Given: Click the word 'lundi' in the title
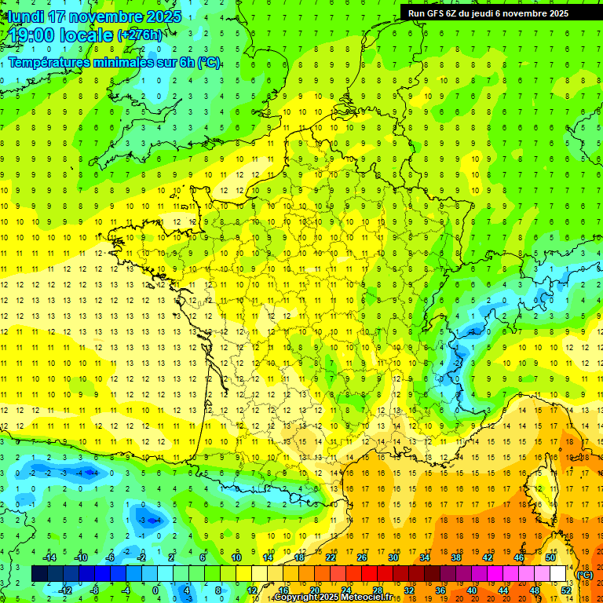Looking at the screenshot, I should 26,16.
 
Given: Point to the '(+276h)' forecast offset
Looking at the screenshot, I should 140,35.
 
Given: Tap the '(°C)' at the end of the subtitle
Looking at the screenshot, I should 208,63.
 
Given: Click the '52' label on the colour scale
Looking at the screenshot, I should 565,590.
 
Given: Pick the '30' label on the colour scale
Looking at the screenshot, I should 393,557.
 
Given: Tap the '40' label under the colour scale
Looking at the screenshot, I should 471,590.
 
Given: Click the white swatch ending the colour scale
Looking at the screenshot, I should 558,574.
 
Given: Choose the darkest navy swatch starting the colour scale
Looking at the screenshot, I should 39,574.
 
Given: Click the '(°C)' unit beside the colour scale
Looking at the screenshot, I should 584,575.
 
